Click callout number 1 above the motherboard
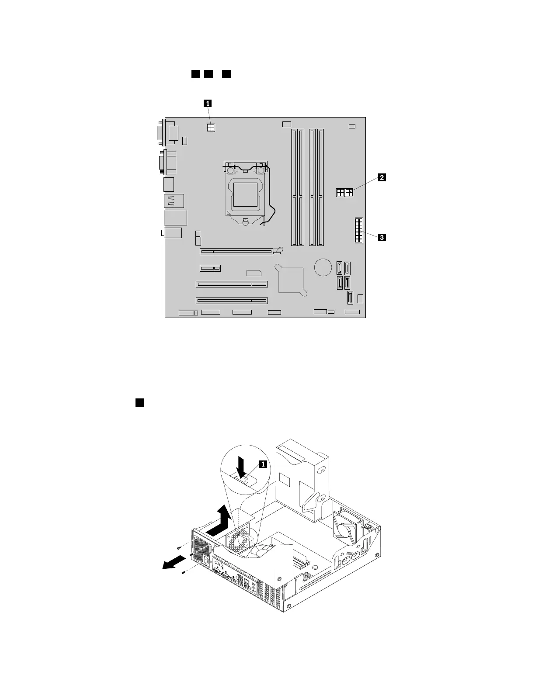click(x=208, y=104)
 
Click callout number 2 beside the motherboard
click(x=382, y=177)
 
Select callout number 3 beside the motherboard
click(x=382, y=238)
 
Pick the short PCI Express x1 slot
click(x=210, y=268)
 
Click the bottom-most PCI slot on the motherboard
click(x=232, y=301)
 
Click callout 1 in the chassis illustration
click(x=263, y=464)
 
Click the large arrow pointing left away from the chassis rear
click(x=173, y=563)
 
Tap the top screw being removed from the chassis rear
click(x=180, y=547)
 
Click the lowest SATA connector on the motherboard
click(x=351, y=298)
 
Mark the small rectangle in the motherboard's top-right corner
click(x=352, y=126)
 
